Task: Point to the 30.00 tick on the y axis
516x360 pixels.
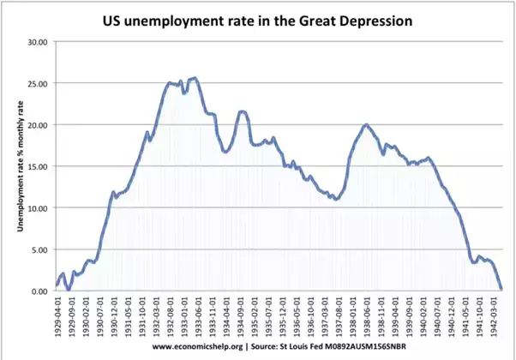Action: pos(37,41)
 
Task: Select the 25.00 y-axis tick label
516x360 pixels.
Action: pos(37,83)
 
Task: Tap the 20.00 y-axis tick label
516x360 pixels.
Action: pos(37,125)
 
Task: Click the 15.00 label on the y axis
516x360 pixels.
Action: pos(37,166)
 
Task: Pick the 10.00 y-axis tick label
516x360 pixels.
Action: pos(37,208)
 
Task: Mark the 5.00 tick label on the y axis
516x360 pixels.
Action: pos(39,249)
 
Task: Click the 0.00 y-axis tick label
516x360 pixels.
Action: pos(39,291)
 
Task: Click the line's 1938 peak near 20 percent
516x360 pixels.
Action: pos(366,125)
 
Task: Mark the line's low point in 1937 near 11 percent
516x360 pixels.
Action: pos(336,199)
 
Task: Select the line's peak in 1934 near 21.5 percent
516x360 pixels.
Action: pos(243,111)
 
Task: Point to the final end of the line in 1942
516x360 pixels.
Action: pos(501,289)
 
